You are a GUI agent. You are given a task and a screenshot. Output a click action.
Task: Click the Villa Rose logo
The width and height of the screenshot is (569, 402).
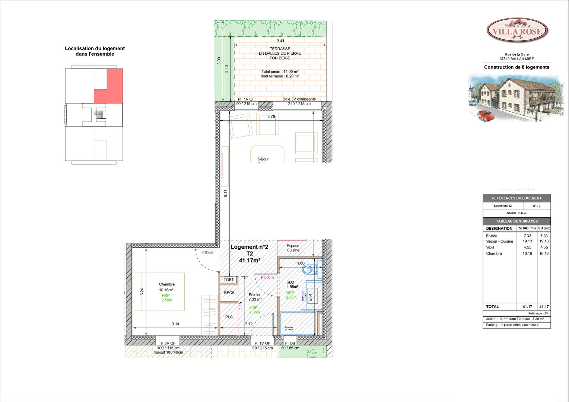517,31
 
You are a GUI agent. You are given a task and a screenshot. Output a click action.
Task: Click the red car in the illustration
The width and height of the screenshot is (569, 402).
486,115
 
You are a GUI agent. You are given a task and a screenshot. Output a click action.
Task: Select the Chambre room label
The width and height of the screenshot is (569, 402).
166,284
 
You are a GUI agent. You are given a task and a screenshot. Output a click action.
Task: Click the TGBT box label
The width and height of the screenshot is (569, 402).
229,280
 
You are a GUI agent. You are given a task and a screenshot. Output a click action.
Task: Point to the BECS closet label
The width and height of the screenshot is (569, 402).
229,293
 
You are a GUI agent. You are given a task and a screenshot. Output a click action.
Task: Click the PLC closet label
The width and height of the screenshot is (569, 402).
229,317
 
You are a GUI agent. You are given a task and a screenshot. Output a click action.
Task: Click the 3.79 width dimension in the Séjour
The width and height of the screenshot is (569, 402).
271,117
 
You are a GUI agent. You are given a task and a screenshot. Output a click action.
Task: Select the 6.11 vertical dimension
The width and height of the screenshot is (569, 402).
225,194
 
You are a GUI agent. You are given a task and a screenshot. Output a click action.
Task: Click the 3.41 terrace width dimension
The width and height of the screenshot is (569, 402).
280,41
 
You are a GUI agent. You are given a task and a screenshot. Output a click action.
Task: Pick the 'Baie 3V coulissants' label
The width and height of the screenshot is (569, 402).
299,99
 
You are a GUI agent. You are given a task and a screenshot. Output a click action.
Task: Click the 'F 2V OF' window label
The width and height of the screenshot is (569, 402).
168,343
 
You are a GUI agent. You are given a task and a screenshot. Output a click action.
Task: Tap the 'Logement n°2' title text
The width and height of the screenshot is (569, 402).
249,247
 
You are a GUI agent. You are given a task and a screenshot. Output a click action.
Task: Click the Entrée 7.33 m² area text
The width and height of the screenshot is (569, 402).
255,299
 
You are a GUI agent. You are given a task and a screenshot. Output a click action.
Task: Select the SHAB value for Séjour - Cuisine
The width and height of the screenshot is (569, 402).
527,241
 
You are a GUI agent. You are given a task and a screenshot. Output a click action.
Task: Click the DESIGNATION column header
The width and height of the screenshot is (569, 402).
499,229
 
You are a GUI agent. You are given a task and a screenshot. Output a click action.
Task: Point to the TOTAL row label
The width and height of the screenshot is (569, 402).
492,307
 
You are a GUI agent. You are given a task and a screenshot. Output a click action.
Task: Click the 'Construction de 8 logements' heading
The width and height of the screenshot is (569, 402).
516,67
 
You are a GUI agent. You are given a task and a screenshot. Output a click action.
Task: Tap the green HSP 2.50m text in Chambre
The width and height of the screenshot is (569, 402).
166,298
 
